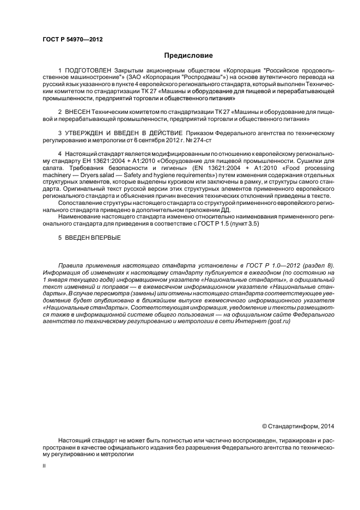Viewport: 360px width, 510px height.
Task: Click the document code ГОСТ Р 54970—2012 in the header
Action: coord(72,40)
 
